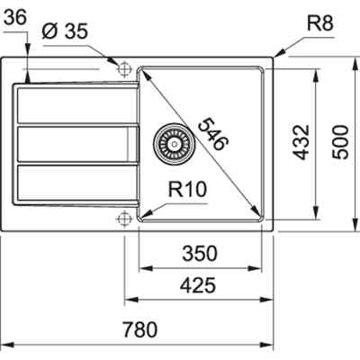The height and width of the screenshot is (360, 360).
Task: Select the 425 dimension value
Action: click(x=197, y=286)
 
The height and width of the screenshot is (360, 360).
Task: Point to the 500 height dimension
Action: click(x=341, y=140)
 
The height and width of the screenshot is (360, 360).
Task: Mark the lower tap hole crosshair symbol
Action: click(x=123, y=217)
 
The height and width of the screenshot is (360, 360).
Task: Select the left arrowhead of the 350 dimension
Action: click(x=142, y=267)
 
